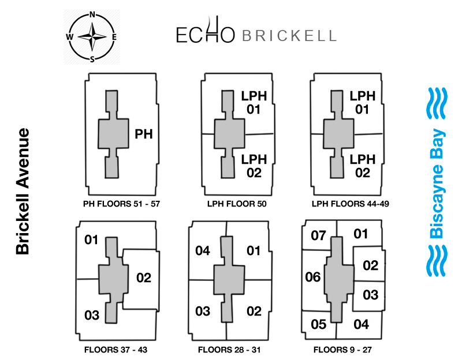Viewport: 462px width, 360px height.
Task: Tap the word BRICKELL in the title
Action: coord(288,36)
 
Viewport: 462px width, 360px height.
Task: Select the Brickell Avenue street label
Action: coord(23,191)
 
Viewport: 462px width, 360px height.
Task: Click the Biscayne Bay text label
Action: coord(437,184)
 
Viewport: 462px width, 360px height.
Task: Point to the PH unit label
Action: coord(144,134)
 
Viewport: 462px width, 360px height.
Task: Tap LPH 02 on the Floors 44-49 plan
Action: coord(362,166)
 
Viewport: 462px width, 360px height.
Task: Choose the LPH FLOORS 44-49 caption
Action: coord(345,204)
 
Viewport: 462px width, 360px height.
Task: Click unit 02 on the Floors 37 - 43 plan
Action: coord(144,277)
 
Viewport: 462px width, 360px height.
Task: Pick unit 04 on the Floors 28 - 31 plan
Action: coord(203,250)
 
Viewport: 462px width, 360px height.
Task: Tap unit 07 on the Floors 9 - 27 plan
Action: coord(319,235)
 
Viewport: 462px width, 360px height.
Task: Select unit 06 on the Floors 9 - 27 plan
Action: coord(312,277)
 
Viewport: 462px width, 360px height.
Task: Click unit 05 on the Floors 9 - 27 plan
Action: coord(319,324)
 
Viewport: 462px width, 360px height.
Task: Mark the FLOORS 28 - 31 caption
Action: coord(229,350)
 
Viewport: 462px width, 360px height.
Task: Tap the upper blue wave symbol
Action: coord(437,104)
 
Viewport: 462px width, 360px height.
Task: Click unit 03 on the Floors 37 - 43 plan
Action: coord(92,315)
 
